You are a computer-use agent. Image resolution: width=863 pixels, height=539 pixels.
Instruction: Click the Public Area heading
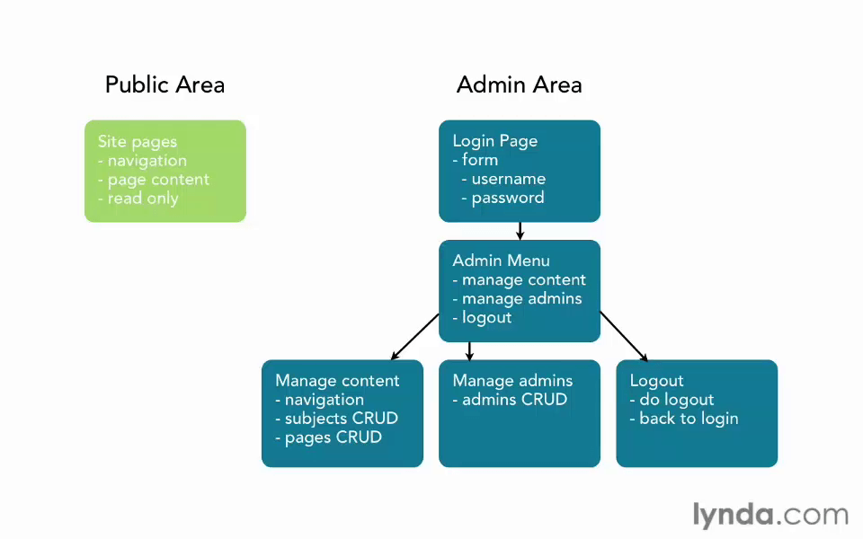165,85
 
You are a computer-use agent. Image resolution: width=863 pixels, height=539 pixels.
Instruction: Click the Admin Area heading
519,85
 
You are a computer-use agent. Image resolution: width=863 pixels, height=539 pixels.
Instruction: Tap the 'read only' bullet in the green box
138,198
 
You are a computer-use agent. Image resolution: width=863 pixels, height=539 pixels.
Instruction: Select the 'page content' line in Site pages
154,180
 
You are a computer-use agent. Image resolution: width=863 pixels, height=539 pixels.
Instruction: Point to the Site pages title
137,141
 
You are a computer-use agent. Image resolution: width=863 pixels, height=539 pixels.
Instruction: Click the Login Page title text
494,141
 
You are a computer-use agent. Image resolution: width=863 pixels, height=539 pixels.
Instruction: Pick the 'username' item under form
503,179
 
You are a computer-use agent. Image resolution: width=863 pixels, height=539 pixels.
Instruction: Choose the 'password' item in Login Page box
503,198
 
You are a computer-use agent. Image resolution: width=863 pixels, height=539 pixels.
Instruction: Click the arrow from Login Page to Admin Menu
520,231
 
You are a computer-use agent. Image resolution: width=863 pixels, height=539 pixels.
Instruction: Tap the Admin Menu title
501,261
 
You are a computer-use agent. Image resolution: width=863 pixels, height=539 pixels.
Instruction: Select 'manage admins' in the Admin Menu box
517,298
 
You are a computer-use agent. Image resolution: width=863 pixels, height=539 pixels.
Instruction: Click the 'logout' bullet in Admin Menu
482,317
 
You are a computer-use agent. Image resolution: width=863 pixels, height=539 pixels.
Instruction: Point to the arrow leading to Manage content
415,337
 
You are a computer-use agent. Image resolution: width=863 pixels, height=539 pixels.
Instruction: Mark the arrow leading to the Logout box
624,337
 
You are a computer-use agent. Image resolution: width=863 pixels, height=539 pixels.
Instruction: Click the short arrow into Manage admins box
469,351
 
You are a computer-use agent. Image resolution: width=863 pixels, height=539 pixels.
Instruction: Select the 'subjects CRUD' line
336,418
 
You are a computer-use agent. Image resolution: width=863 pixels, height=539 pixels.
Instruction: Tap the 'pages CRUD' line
329,437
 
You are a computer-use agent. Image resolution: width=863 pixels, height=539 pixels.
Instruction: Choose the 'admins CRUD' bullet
510,399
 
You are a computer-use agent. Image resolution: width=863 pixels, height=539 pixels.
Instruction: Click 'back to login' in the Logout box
684,419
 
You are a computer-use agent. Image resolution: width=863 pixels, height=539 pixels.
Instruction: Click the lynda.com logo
770,516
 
